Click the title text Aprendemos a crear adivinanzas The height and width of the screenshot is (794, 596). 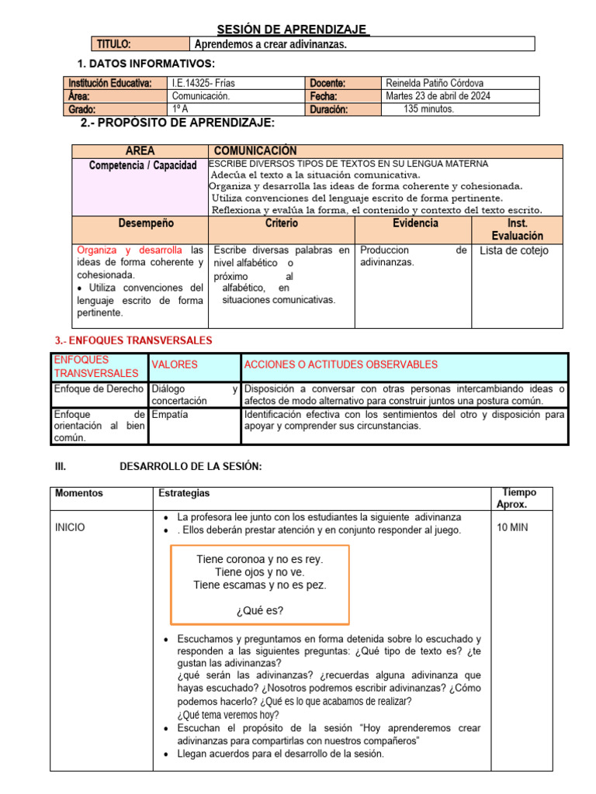tap(271, 44)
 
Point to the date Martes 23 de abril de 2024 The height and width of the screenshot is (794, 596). tap(438, 96)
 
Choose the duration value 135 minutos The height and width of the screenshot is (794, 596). tap(429, 109)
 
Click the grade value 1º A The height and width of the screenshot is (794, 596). tap(181, 109)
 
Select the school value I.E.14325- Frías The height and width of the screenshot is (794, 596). tap(203, 83)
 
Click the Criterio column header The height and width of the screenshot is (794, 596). tap(281, 223)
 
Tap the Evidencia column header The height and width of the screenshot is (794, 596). tap(415, 223)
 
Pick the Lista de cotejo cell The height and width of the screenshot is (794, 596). tap(514, 250)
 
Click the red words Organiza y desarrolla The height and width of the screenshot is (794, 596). tap(130, 250)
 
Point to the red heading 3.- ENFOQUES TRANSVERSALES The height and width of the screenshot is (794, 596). tap(133, 340)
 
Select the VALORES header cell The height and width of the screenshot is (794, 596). tap(175, 364)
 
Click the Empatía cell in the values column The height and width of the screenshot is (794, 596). tap(170, 415)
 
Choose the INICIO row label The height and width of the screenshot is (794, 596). tap(71, 527)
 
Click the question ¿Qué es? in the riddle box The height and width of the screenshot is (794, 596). tap(260, 610)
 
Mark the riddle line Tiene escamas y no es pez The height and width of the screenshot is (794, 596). tap(260, 585)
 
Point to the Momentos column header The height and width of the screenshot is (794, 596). tap(78, 493)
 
